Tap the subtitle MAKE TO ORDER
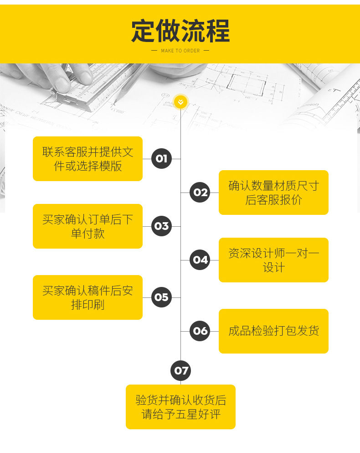180,51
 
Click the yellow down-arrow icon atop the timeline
180,102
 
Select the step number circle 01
161,159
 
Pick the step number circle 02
200,193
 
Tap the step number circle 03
161,226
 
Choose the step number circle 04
200,260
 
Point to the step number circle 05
161,297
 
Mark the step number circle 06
200,331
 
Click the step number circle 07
181,370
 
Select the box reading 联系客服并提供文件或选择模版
87,159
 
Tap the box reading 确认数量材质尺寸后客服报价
273,193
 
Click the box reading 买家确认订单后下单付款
87,226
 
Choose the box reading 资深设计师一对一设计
273,260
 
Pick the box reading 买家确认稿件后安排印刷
87,297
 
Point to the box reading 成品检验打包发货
273,331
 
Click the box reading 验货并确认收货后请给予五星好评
180,407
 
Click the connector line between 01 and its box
147,159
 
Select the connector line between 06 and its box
215,331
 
